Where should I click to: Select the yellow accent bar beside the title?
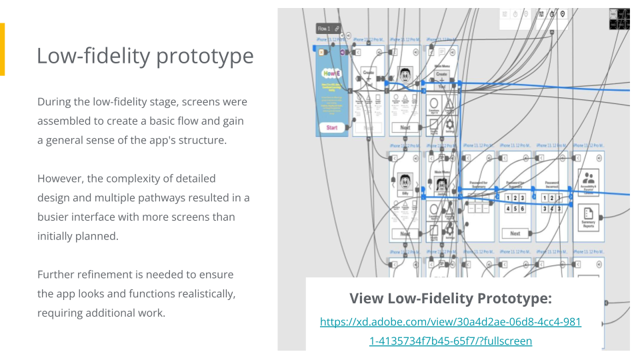pos(2,49)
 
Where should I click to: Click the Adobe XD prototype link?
pos(451,331)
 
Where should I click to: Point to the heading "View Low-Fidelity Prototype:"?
pos(451,298)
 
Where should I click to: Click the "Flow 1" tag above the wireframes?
pos(325,29)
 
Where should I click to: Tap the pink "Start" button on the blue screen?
pos(331,127)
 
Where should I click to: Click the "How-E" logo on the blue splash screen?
pos(331,73)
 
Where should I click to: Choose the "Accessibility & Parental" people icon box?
pos(588,182)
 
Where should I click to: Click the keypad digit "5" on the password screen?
pos(515,208)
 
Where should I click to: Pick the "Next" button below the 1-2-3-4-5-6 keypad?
pos(515,233)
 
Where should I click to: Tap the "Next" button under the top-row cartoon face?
pos(405,127)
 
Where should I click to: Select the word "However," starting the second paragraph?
pos(61,179)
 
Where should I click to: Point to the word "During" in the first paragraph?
pos(54,102)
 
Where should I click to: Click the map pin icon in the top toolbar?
pos(563,14)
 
